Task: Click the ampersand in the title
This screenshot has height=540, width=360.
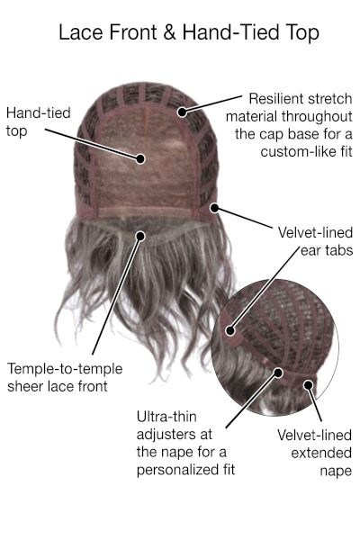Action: [169, 32]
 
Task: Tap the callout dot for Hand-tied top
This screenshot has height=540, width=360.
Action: [140, 158]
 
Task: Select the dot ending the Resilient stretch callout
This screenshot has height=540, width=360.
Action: [182, 112]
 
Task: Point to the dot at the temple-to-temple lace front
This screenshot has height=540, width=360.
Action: [140, 236]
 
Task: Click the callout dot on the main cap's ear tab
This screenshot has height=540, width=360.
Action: [214, 208]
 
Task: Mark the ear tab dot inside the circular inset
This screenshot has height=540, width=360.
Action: [230, 331]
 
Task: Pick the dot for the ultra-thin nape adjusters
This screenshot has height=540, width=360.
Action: [278, 373]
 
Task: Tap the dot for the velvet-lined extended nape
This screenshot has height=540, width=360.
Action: [308, 384]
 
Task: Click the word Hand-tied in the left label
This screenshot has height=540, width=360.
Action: [38, 113]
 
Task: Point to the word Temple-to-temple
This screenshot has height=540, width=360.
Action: [65, 369]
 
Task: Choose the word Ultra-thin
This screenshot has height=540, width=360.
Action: [166, 417]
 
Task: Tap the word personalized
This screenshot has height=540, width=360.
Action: [177, 470]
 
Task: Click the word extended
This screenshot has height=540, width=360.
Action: [321, 454]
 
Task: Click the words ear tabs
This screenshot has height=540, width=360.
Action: [327, 250]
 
